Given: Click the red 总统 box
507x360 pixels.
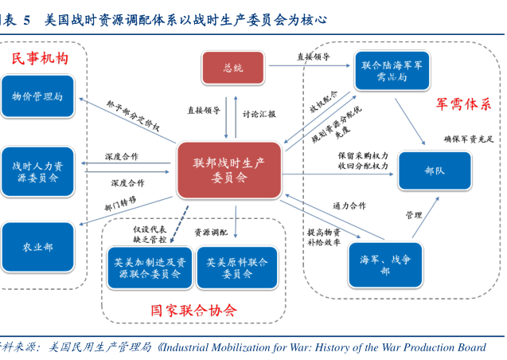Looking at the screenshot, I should [232, 68].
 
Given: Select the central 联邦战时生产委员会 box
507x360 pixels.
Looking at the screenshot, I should [229, 170].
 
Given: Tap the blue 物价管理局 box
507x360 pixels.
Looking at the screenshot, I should [37, 97].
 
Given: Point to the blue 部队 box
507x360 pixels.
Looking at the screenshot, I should [434, 170].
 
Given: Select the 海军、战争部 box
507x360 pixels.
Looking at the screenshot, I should [385, 265].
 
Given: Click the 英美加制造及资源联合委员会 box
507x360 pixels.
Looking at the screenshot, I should [149, 268].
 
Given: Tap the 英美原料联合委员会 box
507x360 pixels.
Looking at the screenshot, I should [236, 268].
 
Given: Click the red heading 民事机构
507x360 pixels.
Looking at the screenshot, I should [39, 59].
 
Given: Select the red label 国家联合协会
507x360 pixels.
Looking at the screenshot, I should [193, 310].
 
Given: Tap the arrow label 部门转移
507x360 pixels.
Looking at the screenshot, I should [120, 203].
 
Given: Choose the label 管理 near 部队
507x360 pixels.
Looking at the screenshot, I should [413, 215].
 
